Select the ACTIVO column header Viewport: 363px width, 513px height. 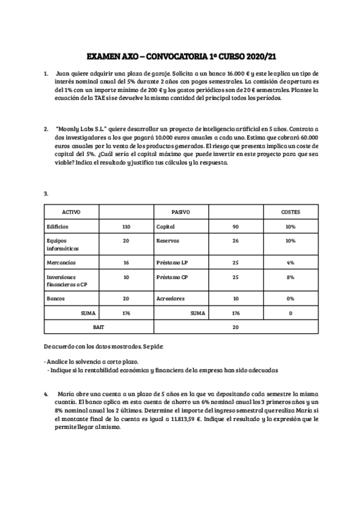click(71, 212)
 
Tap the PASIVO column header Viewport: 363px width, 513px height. click(181, 212)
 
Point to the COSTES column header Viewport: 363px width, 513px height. click(290, 212)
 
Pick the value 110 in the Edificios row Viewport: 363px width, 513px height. click(126, 226)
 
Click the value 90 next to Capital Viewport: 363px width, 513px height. click(235, 226)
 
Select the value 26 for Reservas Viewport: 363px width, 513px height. click(235, 241)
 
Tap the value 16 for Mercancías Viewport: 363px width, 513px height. click(126, 263)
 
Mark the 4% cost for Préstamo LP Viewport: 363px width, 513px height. click(290, 263)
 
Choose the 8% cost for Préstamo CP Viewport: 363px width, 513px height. click(290, 277)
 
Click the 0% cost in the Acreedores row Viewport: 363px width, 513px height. click(290, 299)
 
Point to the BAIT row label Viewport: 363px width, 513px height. click(99, 327)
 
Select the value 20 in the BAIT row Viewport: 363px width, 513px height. click(235, 327)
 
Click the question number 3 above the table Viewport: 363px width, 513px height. click(46, 194)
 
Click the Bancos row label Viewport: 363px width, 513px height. click(56, 299)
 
